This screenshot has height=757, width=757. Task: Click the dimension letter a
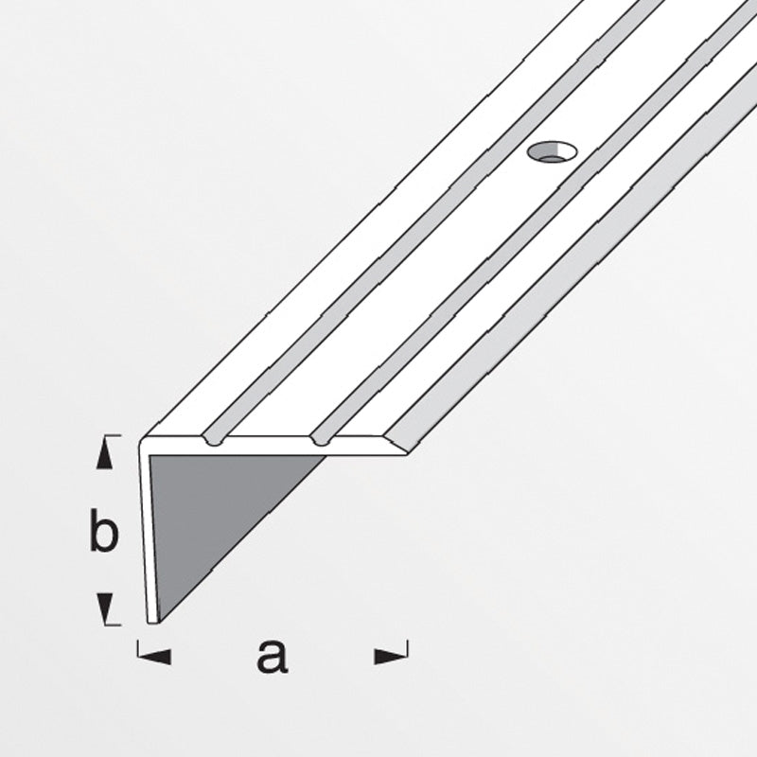click(273, 656)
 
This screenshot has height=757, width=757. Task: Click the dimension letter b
click(104, 530)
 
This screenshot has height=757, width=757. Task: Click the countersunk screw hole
click(553, 152)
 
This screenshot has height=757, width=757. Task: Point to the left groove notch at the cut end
click(214, 439)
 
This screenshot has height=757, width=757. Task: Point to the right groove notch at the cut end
click(321, 439)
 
